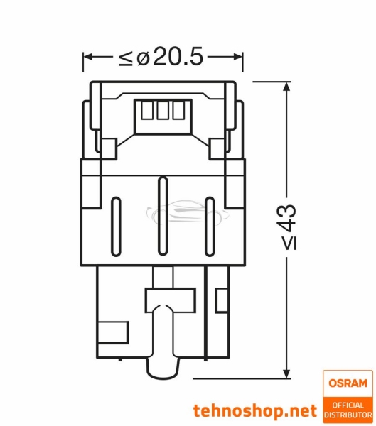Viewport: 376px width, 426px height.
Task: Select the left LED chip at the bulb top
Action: pyautogui.click(x=148, y=111)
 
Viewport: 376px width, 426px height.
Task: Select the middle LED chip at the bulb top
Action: pyautogui.click(x=161, y=111)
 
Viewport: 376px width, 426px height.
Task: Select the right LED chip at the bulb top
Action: pyautogui.click(x=175, y=111)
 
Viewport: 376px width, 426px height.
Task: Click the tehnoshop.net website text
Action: pyautogui.click(x=255, y=410)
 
